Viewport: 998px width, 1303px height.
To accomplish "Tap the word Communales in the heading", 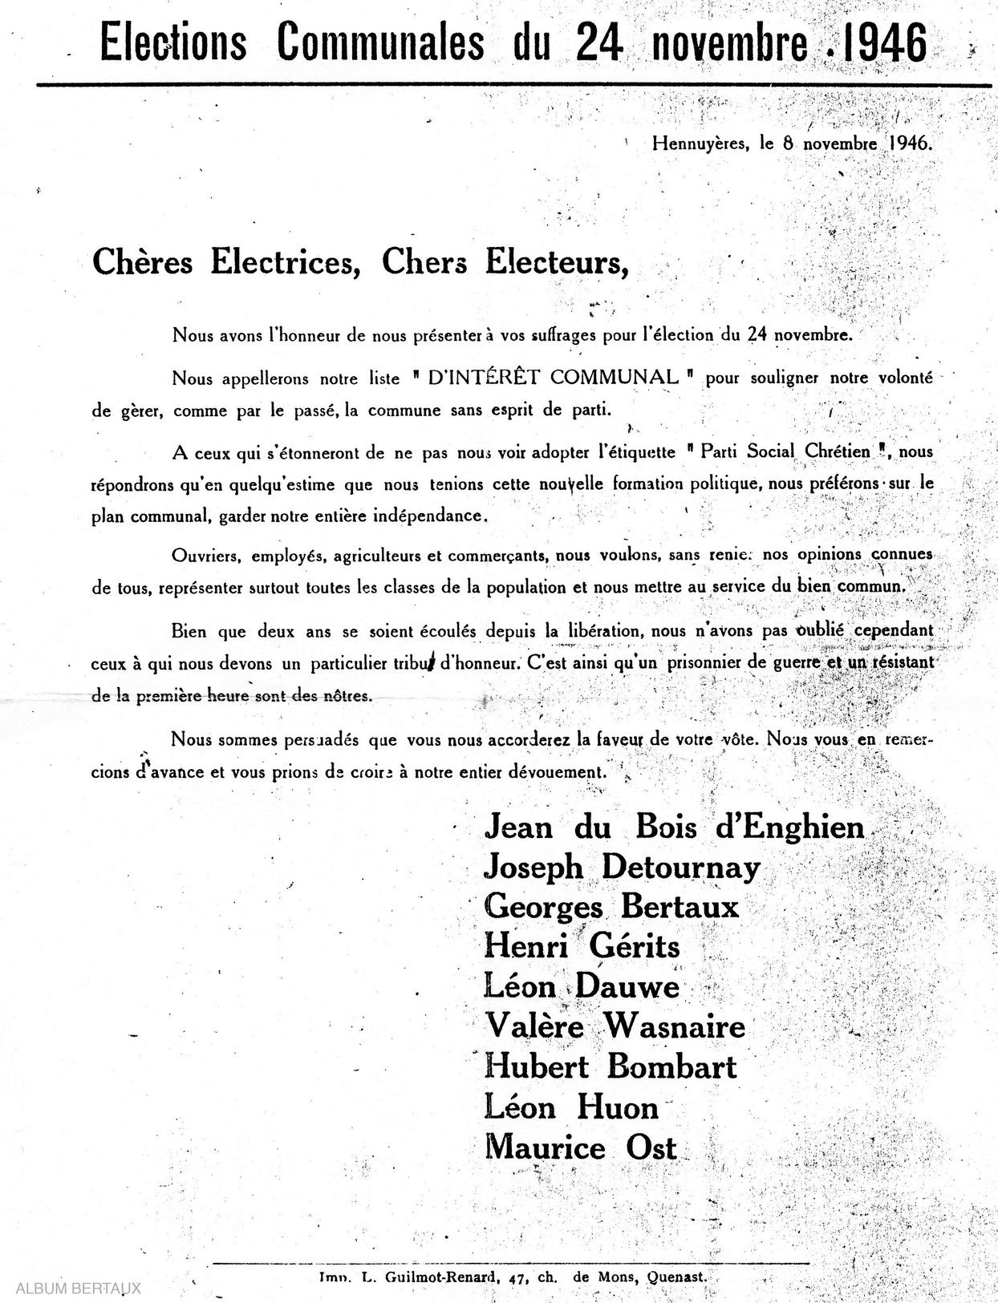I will coord(381,43).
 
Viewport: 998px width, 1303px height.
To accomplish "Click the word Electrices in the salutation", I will coord(284,262).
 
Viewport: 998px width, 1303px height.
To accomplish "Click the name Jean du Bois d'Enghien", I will coord(674,828).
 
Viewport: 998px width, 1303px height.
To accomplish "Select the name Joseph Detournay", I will coord(622,868).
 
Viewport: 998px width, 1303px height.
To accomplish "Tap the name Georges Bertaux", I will coord(611,907).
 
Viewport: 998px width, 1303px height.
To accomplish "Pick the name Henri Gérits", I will coord(582,947).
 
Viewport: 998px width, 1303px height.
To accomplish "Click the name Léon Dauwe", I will coord(582,987).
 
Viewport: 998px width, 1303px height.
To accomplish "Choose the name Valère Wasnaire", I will coord(615,1027).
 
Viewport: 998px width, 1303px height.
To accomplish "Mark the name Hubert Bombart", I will coord(611,1067).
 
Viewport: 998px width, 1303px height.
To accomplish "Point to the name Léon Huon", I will coord(571,1108).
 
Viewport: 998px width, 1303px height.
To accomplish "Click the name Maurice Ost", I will coord(581,1147).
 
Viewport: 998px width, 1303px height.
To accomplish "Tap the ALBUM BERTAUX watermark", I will coord(78,1289).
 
